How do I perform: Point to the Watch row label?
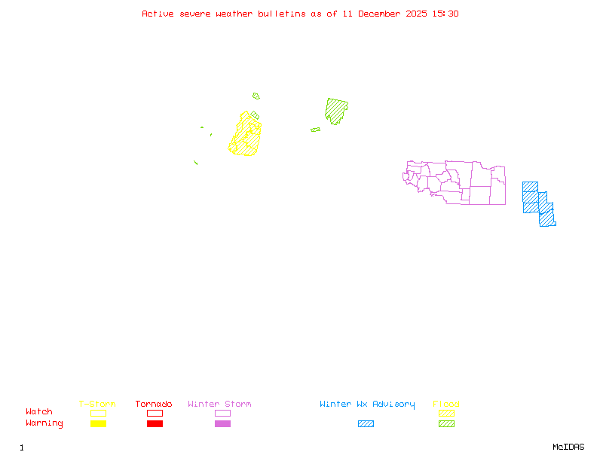point(39,412)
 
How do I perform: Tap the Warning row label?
point(44,423)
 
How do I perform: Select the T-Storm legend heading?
point(97,405)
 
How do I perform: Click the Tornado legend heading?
point(154,405)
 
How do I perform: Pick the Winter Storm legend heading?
point(219,405)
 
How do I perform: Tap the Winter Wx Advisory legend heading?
point(367,405)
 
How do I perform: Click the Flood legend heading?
point(446,405)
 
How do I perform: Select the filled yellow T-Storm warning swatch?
point(98,424)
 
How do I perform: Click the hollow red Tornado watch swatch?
point(155,413)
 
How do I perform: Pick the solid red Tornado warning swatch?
point(155,424)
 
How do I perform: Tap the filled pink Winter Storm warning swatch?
point(222,424)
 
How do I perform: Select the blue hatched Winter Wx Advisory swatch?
point(366,424)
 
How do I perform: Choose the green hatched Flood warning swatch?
point(446,424)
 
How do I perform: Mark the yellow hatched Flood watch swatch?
point(446,413)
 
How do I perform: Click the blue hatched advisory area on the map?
point(537,203)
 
